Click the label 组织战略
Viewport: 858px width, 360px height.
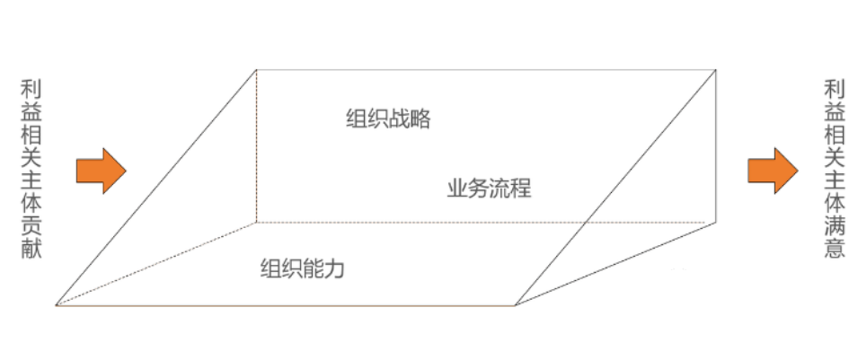click(x=388, y=120)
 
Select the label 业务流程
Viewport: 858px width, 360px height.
click(x=489, y=189)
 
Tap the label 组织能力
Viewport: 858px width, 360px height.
click(x=303, y=268)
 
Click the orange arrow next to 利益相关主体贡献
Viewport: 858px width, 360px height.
click(x=101, y=170)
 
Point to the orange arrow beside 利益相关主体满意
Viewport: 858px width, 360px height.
click(x=773, y=170)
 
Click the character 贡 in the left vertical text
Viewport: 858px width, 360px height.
click(x=31, y=225)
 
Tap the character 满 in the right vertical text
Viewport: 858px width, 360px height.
click(x=835, y=225)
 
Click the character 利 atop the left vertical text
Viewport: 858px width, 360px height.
click(x=31, y=89)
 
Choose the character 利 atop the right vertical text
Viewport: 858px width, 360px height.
click(x=835, y=89)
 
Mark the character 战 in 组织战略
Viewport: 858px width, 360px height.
click(x=399, y=120)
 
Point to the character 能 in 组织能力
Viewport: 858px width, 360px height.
click(x=314, y=268)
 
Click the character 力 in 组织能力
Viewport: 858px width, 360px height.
click(x=335, y=268)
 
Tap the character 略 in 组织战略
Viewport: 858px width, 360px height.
click(x=420, y=120)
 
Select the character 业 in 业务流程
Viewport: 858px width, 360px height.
click(x=456, y=189)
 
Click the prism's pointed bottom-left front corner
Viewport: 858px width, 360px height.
click(x=56, y=305)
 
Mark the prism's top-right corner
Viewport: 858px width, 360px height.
click(x=716, y=68)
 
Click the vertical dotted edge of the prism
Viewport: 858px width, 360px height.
click(x=256, y=144)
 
